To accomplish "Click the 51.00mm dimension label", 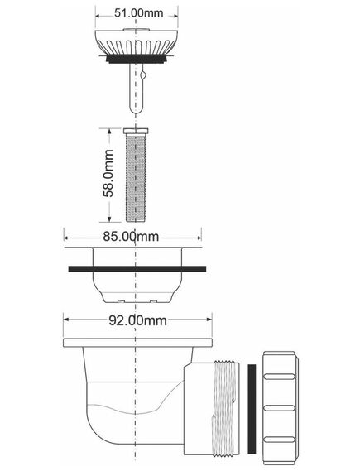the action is pyautogui.click(x=139, y=13).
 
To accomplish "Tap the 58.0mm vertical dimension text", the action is pyautogui.click(x=108, y=173).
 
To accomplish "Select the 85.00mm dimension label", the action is pyautogui.click(x=131, y=237).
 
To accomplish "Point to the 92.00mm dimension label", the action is pyautogui.click(x=137, y=320).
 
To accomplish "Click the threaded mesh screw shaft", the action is pyautogui.click(x=136, y=178).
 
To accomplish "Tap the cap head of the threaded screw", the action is pyautogui.click(x=136, y=131).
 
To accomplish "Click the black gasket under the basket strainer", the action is pyautogui.click(x=137, y=59).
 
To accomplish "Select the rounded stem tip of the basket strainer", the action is pyautogui.click(x=137, y=109).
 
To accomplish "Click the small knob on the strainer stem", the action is pyautogui.click(x=143, y=74).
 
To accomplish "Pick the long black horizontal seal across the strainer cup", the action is pyautogui.click(x=137, y=269).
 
